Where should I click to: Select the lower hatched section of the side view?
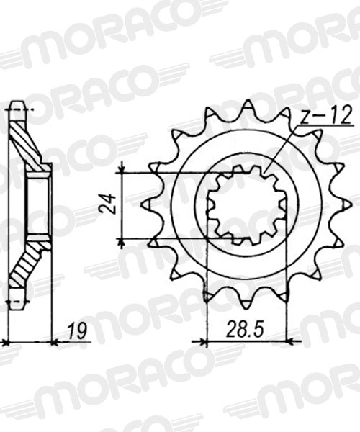point(25,270)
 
